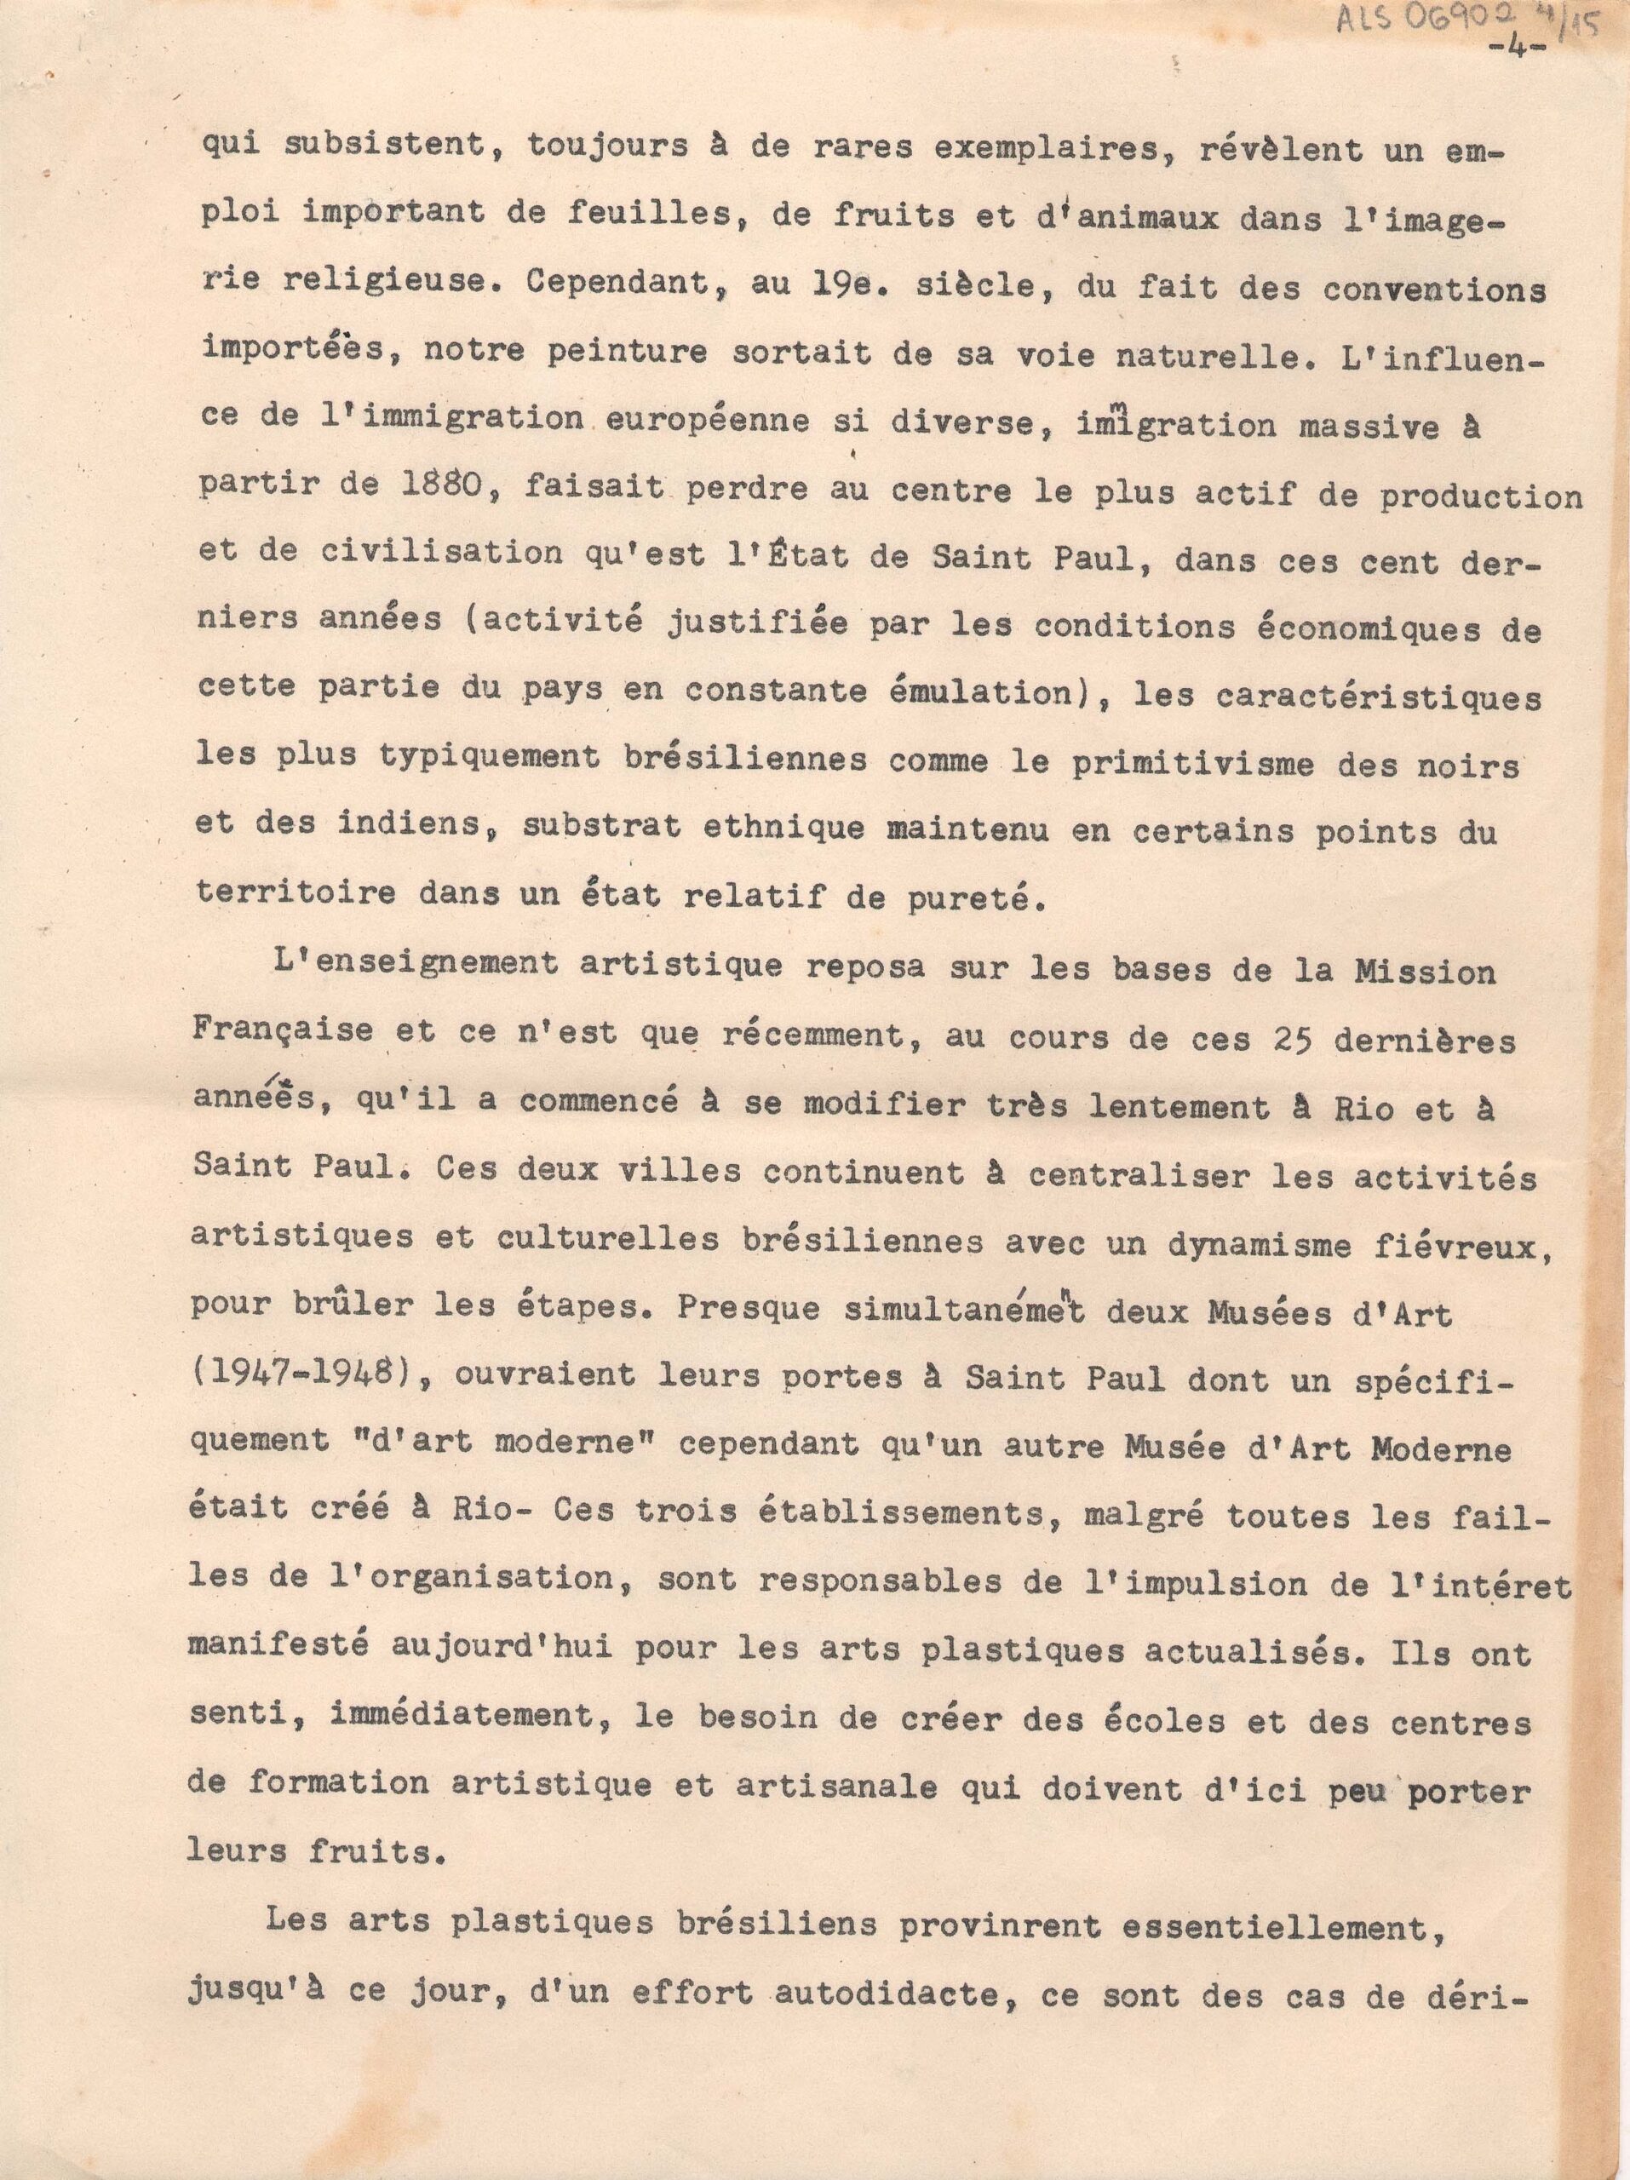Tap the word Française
point(283,1031)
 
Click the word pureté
point(979,898)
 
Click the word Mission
point(1425,972)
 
